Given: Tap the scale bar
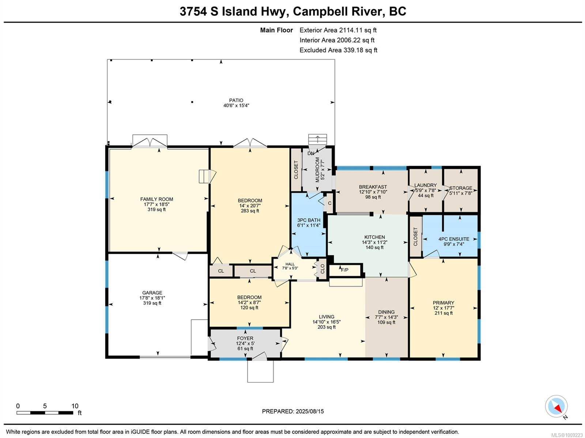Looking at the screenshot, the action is pyautogui.click(x=45, y=413).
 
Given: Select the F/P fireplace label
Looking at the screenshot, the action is pyautogui.click(x=345, y=270).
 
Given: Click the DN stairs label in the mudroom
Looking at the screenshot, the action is pyautogui.click(x=311, y=153).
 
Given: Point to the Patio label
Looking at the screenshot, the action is pyautogui.click(x=236, y=100).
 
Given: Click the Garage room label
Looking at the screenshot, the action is pyautogui.click(x=152, y=292).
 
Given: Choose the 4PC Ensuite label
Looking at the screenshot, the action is pyautogui.click(x=454, y=239).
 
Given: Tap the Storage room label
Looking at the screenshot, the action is pyautogui.click(x=461, y=188).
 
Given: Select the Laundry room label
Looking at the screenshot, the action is pyautogui.click(x=425, y=185).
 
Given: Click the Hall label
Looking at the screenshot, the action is pyautogui.click(x=290, y=264).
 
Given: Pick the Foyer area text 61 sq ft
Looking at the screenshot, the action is pyautogui.click(x=245, y=348).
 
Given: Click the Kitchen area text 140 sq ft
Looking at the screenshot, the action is pyautogui.click(x=374, y=247).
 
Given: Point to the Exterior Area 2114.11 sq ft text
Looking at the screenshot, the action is pyautogui.click(x=338, y=30).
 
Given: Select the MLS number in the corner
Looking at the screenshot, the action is pyautogui.click(x=567, y=435).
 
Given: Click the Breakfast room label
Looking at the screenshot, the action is pyautogui.click(x=373, y=187).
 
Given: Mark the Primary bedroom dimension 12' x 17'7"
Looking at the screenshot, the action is pyautogui.click(x=444, y=308).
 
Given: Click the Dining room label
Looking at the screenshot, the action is pyautogui.click(x=386, y=312).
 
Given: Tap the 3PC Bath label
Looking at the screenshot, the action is pyautogui.click(x=309, y=220).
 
